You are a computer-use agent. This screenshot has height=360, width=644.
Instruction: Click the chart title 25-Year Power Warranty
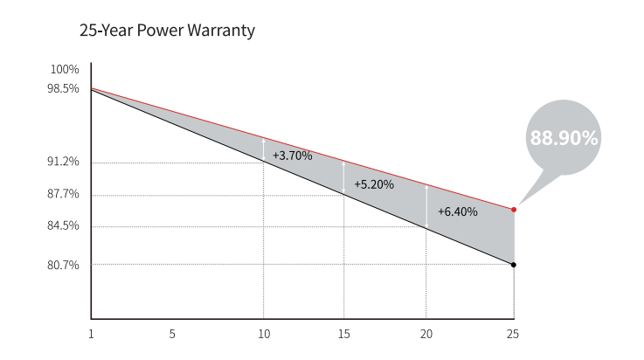167,31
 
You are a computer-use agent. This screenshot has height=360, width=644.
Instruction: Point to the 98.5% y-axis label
64,88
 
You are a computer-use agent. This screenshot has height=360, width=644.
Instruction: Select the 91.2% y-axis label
64,162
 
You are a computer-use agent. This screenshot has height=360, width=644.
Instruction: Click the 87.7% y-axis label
64,194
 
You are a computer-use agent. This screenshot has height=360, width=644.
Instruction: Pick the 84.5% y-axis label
64,225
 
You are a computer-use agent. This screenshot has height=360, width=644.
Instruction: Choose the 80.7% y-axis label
64,265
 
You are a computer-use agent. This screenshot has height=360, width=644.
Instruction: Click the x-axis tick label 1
91,333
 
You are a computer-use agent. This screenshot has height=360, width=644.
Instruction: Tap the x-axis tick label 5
172,333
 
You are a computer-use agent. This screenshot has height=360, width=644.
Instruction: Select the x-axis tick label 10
263,333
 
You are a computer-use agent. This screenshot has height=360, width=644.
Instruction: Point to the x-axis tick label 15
344,333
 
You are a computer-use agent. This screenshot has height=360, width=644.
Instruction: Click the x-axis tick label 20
426,333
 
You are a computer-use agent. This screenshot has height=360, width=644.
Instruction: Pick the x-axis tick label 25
513,333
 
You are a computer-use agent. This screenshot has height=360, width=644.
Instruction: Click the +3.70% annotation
292,156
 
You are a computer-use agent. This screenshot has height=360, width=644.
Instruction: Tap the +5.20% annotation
374,185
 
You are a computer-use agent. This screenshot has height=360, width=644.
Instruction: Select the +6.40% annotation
458,211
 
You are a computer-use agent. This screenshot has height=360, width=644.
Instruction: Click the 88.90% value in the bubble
564,138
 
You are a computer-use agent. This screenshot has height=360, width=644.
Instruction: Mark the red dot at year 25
514,210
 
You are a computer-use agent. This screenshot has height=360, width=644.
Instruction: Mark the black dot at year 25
514,265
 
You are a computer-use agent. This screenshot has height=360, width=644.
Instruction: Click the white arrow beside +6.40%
426,206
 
